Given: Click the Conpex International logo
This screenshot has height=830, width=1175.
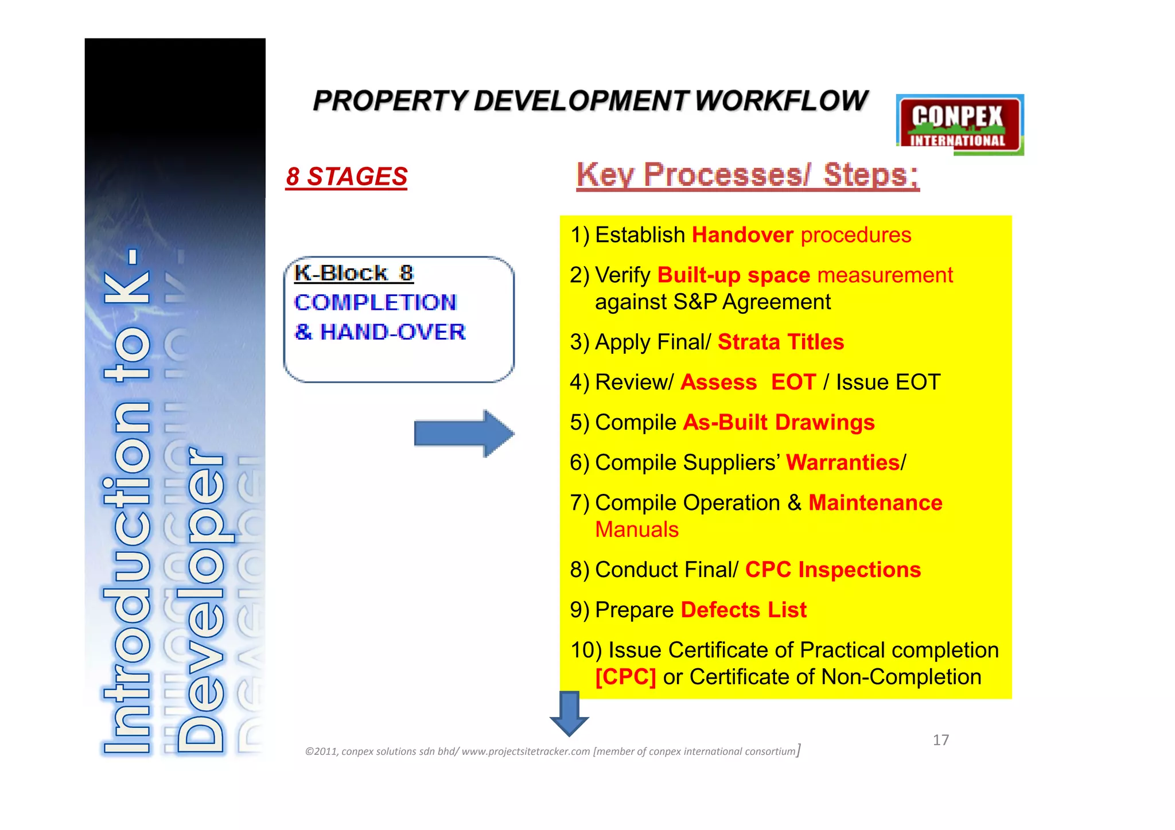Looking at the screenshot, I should pos(960,125).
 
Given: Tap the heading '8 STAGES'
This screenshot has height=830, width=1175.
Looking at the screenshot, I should pos(347,177).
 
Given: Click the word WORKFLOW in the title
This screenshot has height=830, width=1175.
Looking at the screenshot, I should pos(781,101).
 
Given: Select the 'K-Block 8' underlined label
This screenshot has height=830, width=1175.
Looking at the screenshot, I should pos(353,273).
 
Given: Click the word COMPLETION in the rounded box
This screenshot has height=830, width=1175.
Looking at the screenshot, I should pos(375,302).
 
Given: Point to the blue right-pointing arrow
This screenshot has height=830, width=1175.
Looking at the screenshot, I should pos(464,434).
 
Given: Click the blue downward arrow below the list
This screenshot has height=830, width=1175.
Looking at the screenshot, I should pos(569,714).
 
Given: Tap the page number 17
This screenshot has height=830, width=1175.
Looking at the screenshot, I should pos(940,740).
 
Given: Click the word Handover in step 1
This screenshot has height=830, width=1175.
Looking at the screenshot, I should pos(742,235).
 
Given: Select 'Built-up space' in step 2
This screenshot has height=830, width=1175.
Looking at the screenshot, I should pos(733,275).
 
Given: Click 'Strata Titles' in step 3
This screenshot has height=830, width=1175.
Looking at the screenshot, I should pos(780,342).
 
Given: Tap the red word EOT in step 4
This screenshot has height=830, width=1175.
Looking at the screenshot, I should pos(793,383).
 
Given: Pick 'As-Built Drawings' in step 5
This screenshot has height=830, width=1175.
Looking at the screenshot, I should pos(779,423).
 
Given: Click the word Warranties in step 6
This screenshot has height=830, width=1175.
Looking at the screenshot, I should pos(842,463).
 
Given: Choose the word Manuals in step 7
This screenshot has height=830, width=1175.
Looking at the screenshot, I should pos(637,529).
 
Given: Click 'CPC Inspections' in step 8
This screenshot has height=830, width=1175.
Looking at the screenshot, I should pos(832,570).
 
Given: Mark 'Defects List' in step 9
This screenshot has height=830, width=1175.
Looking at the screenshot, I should pos(744,610).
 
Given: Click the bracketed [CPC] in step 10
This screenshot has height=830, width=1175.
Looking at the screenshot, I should pos(625,677).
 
